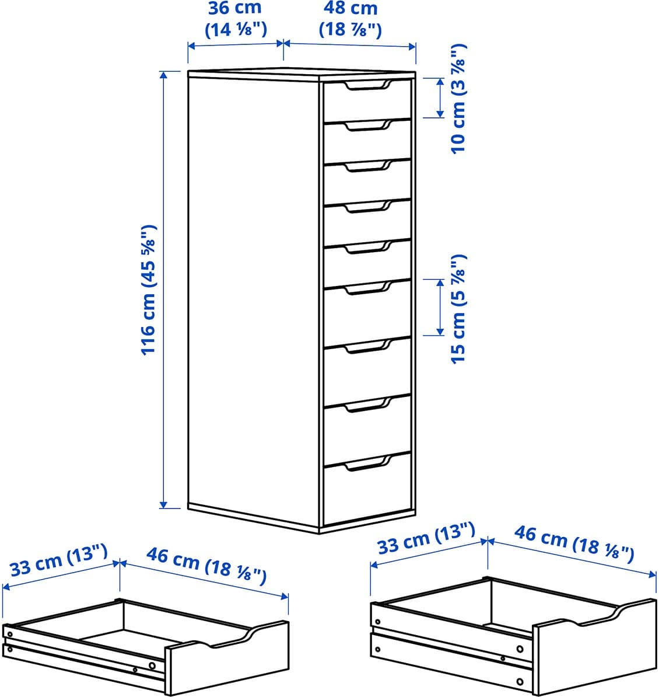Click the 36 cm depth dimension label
point(236,19)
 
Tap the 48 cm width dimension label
point(350,19)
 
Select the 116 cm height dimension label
point(148,290)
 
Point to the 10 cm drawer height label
point(458,99)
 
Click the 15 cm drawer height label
point(458,309)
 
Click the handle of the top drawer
point(367,86)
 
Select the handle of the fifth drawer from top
point(367,248)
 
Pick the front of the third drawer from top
point(367,182)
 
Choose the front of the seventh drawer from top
point(367,371)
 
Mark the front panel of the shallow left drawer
point(227,657)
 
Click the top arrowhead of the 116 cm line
point(164,75)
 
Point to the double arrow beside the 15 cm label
point(440,307)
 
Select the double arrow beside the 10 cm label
point(440,98)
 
